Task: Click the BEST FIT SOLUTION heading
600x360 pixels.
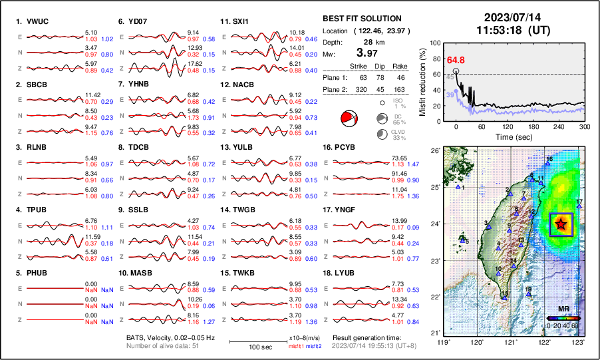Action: click(x=362, y=19)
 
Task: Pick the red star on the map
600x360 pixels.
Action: click(x=560, y=224)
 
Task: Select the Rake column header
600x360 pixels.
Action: click(x=402, y=67)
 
